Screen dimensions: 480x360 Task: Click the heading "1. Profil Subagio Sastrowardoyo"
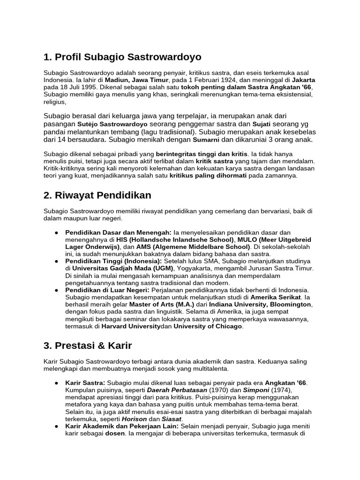(122, 57)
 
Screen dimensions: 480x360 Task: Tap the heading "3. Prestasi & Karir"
(88, 346)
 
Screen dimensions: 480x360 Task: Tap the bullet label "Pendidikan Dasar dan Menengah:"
(118, 232)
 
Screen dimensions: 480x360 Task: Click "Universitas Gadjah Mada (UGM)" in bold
(123, 268)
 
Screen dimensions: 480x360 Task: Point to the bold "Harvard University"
(131, 326)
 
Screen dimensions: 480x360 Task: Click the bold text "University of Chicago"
(208, 326)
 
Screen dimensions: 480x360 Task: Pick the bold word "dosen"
(114, 434)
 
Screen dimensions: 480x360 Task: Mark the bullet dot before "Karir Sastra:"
(56, 383)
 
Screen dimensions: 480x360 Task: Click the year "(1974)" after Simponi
(279, 390)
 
